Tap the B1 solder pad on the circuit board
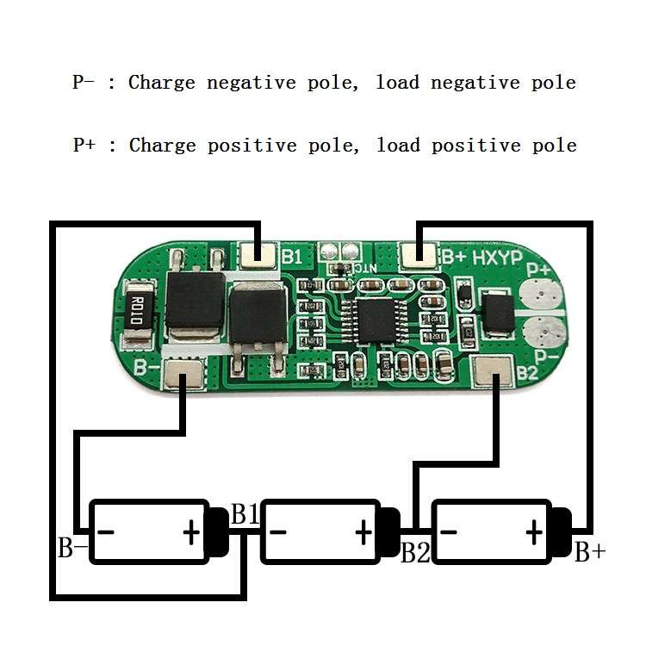click(x=258, y=255)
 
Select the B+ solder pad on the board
click(x=418, y=256)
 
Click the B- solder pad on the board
click(x=183, y=373)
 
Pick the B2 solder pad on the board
click(x=493, y=371)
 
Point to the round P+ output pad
click(x=541, y=295)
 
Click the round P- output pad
click(x=544, y=332)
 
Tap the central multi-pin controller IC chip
click(x=375, y=321)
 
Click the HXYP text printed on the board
click(x=497, y=258)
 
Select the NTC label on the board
click(x=364, y=269)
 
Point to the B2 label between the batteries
click(x=415, y=552)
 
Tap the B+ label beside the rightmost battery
click(x=590, y=551)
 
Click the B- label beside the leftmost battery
click(x=73, y=548)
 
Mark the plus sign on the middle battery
click(x=363, y=532)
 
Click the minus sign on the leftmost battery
click(x=105, y=532)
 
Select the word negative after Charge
click(x=252, y=84)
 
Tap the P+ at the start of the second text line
click(x=84, y=145)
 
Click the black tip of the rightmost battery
click(x=562, y=532)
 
